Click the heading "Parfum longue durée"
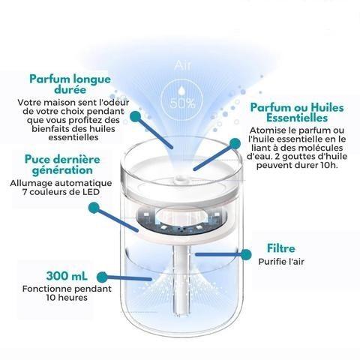click(x=70, y=84)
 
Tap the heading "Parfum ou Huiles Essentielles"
click(x=297, y=112)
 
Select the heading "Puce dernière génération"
click(x=62, y=164)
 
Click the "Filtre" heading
click(x=281, y=248)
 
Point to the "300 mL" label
click(x=67, y=276)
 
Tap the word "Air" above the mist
click(x=183, y=65)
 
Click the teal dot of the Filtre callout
click(x=246, y=254)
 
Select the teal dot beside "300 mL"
click(x=102, y=277)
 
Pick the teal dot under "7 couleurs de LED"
click(x=94, y=208)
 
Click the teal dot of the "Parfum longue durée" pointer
click(x=135, y=116)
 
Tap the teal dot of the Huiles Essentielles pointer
click(x=235, y=143)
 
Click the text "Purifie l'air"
click(x=281, y=262)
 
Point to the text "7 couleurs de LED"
click(x=61, y=192)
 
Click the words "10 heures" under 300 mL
click(x=67, y=298)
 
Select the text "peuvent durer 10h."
click(x=297, y=165)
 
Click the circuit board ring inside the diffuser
click(x=181, y=220)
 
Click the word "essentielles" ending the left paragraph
click(x=73, y=137)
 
